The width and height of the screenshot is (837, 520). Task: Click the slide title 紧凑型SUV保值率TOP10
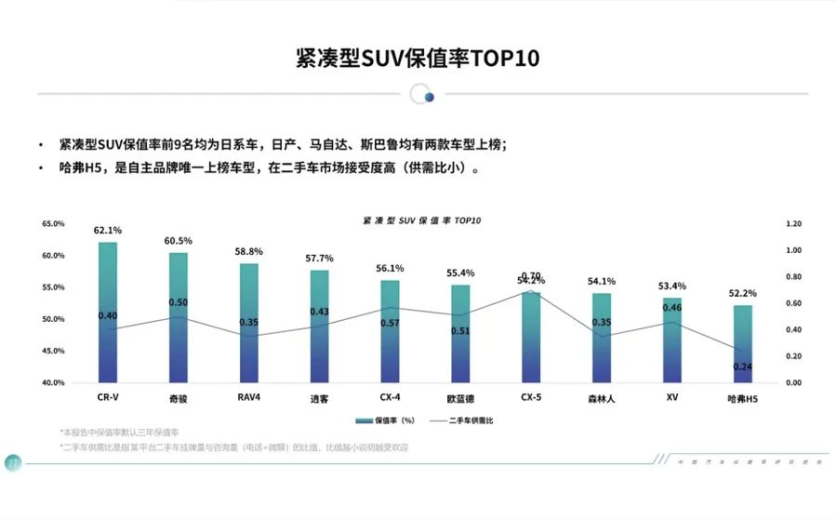(418, 58)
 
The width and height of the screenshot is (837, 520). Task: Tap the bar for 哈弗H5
(742, 343)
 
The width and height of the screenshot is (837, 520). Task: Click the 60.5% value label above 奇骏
(179, 241)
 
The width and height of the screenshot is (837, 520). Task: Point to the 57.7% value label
(320, 258)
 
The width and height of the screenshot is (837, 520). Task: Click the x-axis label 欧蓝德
(460, 398)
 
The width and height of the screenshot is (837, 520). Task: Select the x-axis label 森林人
(602, 398)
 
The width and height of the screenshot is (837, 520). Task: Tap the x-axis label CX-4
(390, 397)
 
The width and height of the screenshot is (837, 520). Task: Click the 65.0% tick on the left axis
(53, 224)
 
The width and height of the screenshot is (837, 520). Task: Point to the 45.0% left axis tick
(53, 351)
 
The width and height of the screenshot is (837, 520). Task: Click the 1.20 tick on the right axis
(793, 224)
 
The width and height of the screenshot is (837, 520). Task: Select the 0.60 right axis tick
(793, 303)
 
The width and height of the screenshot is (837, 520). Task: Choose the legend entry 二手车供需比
(464, 420)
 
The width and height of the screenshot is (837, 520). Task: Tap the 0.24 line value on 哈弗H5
(742, 367)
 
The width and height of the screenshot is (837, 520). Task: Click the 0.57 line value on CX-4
(390, 323)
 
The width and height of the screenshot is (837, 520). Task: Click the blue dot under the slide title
(429, 96)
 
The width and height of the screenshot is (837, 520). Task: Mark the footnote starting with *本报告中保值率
(116, 433)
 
